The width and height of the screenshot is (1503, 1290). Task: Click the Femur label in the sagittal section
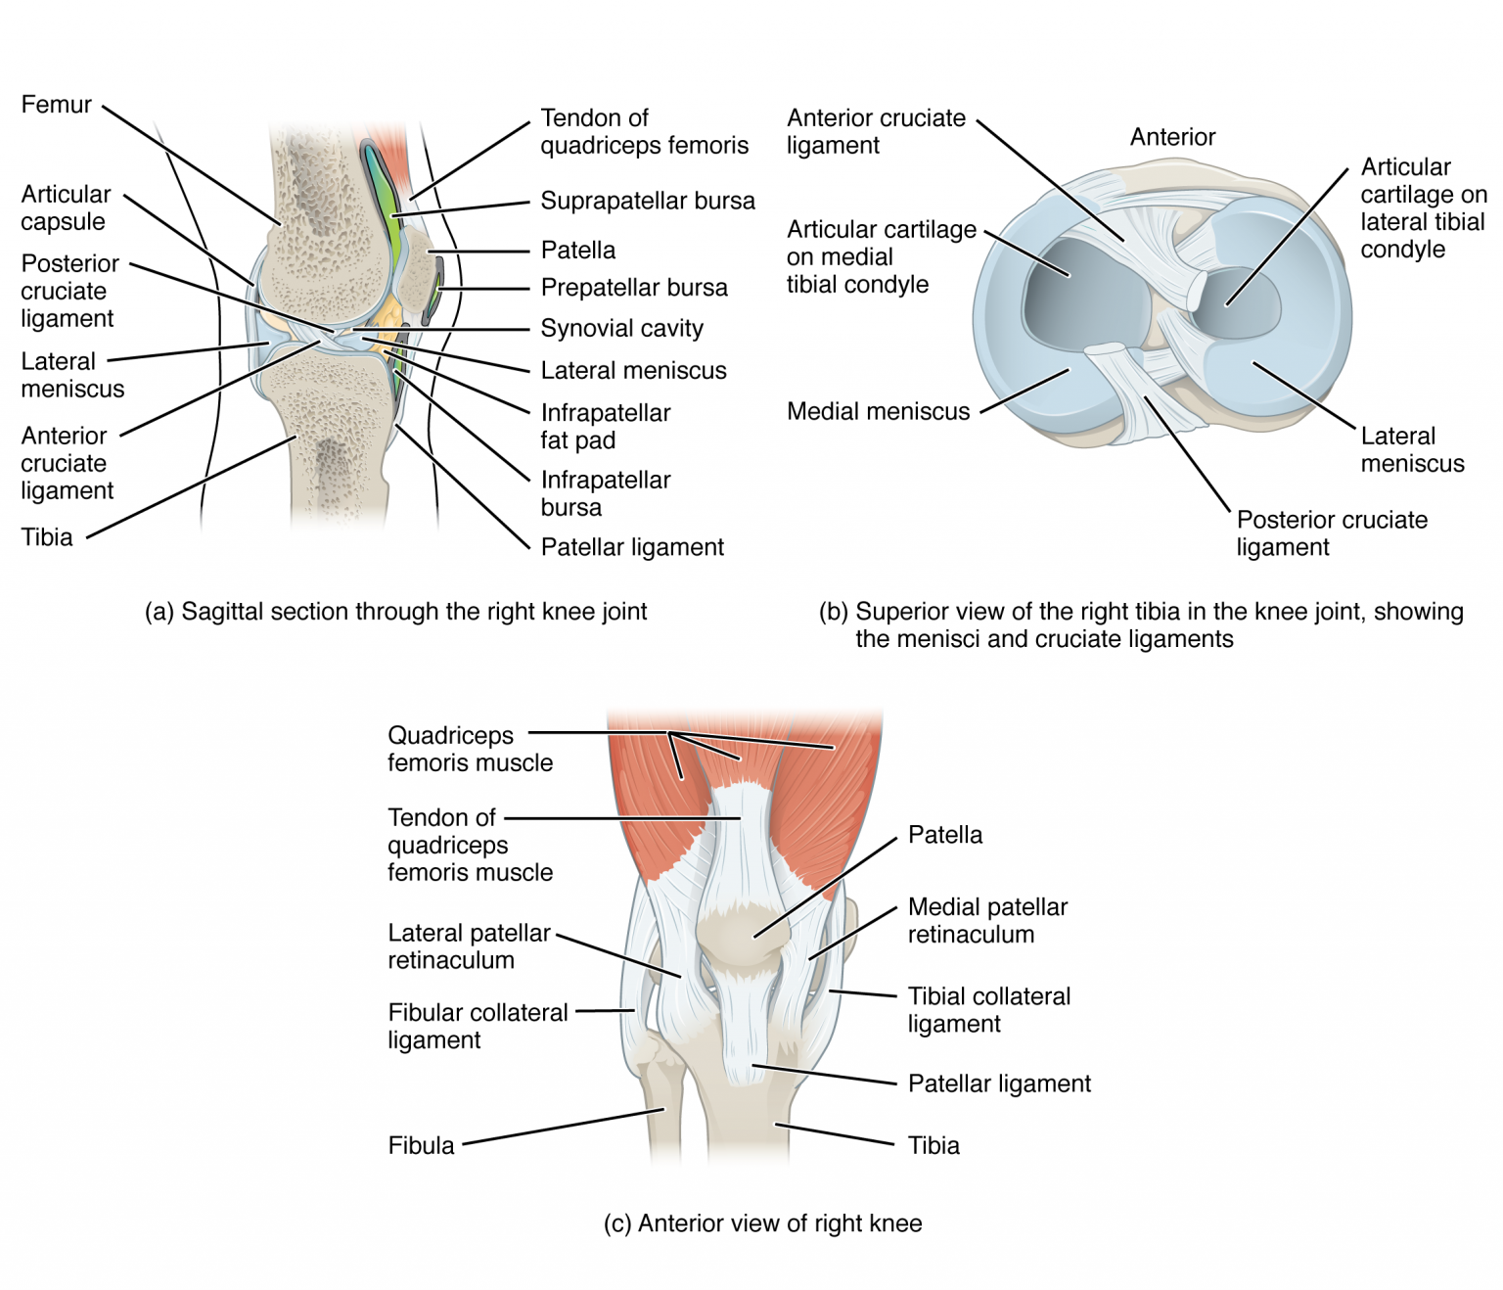[57, 105]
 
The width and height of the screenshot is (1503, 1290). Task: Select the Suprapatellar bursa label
[647, 201]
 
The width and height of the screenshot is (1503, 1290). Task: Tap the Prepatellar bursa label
[633, 288]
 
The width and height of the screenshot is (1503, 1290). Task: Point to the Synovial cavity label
[621, 329]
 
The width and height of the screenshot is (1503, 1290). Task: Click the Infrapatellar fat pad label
[605, 426]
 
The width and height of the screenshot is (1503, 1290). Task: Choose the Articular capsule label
[66, 207]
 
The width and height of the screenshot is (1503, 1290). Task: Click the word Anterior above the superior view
[1172, 137]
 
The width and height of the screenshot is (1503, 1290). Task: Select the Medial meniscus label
[878, 412]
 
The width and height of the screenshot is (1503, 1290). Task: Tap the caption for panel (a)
[395, 612]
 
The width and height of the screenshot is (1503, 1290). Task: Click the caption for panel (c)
[762, 1223]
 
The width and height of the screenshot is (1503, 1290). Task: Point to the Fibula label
[421, 1145]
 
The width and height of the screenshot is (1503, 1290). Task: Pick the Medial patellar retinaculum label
[986, 920]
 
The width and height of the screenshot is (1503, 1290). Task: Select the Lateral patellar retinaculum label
[468, 946]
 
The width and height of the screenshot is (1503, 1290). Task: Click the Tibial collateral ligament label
[988, 1010]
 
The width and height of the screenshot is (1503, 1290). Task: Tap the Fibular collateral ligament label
[477, 1026]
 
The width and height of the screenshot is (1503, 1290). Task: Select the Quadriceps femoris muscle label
[470, 749]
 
